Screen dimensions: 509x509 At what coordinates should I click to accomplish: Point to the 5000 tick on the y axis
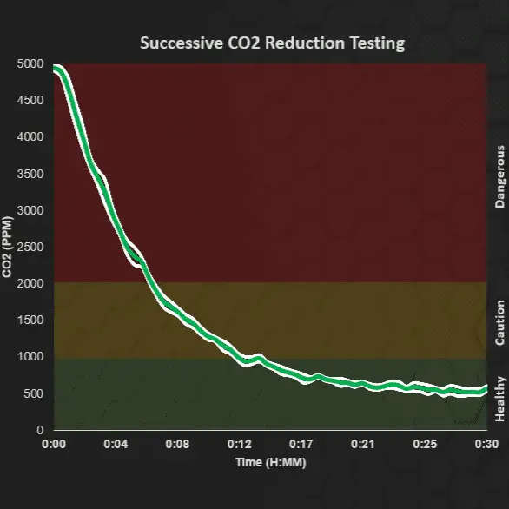click(x=31, y=63)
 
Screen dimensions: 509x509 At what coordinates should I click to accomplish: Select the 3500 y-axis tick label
click(x=31, y=174)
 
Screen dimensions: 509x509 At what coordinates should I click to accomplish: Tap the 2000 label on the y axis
click(x=31, y=283)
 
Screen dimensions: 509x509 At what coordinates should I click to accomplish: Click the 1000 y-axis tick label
click(x=31, y=357)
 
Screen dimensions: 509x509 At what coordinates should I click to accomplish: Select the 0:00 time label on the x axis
click(x=54, y=445)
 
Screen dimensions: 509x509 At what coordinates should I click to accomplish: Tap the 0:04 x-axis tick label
click(x=116, y=445)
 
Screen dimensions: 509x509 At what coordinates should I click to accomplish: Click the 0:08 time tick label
click(x=177, y=445)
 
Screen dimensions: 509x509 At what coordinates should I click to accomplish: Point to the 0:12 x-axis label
click(x=239, y=445)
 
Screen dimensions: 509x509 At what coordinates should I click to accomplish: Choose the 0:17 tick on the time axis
click(x=301, y=445)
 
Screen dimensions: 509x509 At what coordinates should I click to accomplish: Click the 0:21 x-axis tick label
click(x=362, y=445)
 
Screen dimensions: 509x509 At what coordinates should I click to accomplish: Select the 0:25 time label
click(x=424, y=445)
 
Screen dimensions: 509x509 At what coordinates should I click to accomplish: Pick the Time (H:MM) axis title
click(x=270, y=462)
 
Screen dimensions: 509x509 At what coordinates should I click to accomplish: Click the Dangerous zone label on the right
click(x=499, y=176)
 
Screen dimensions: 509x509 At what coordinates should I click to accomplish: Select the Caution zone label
click(x=499, y=322)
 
